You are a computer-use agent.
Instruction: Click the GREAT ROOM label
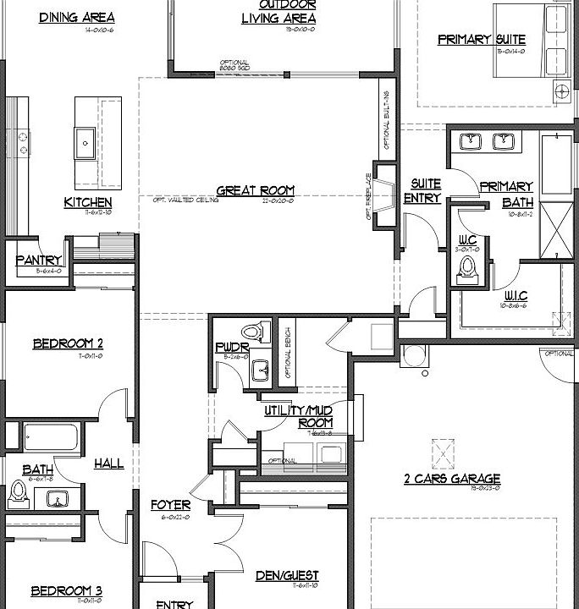tap(255, 190)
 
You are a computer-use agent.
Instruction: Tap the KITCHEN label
tap(87, 202)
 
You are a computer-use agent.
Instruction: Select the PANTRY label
tap(38, 261)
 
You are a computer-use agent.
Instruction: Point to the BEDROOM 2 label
tap(68, 343)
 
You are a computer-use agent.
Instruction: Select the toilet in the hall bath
tap(18, 491)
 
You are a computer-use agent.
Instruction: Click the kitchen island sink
tap(85, 143)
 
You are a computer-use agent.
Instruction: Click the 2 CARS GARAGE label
tap(452, 478)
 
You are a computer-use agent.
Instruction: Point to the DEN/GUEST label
tap(287, 576)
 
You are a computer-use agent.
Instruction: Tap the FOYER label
tap(170, 506)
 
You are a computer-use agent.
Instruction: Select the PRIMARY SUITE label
tap(482, 39)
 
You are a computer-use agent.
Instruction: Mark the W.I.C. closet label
tap(516, 295)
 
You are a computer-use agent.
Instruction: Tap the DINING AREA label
tap(77, 17)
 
